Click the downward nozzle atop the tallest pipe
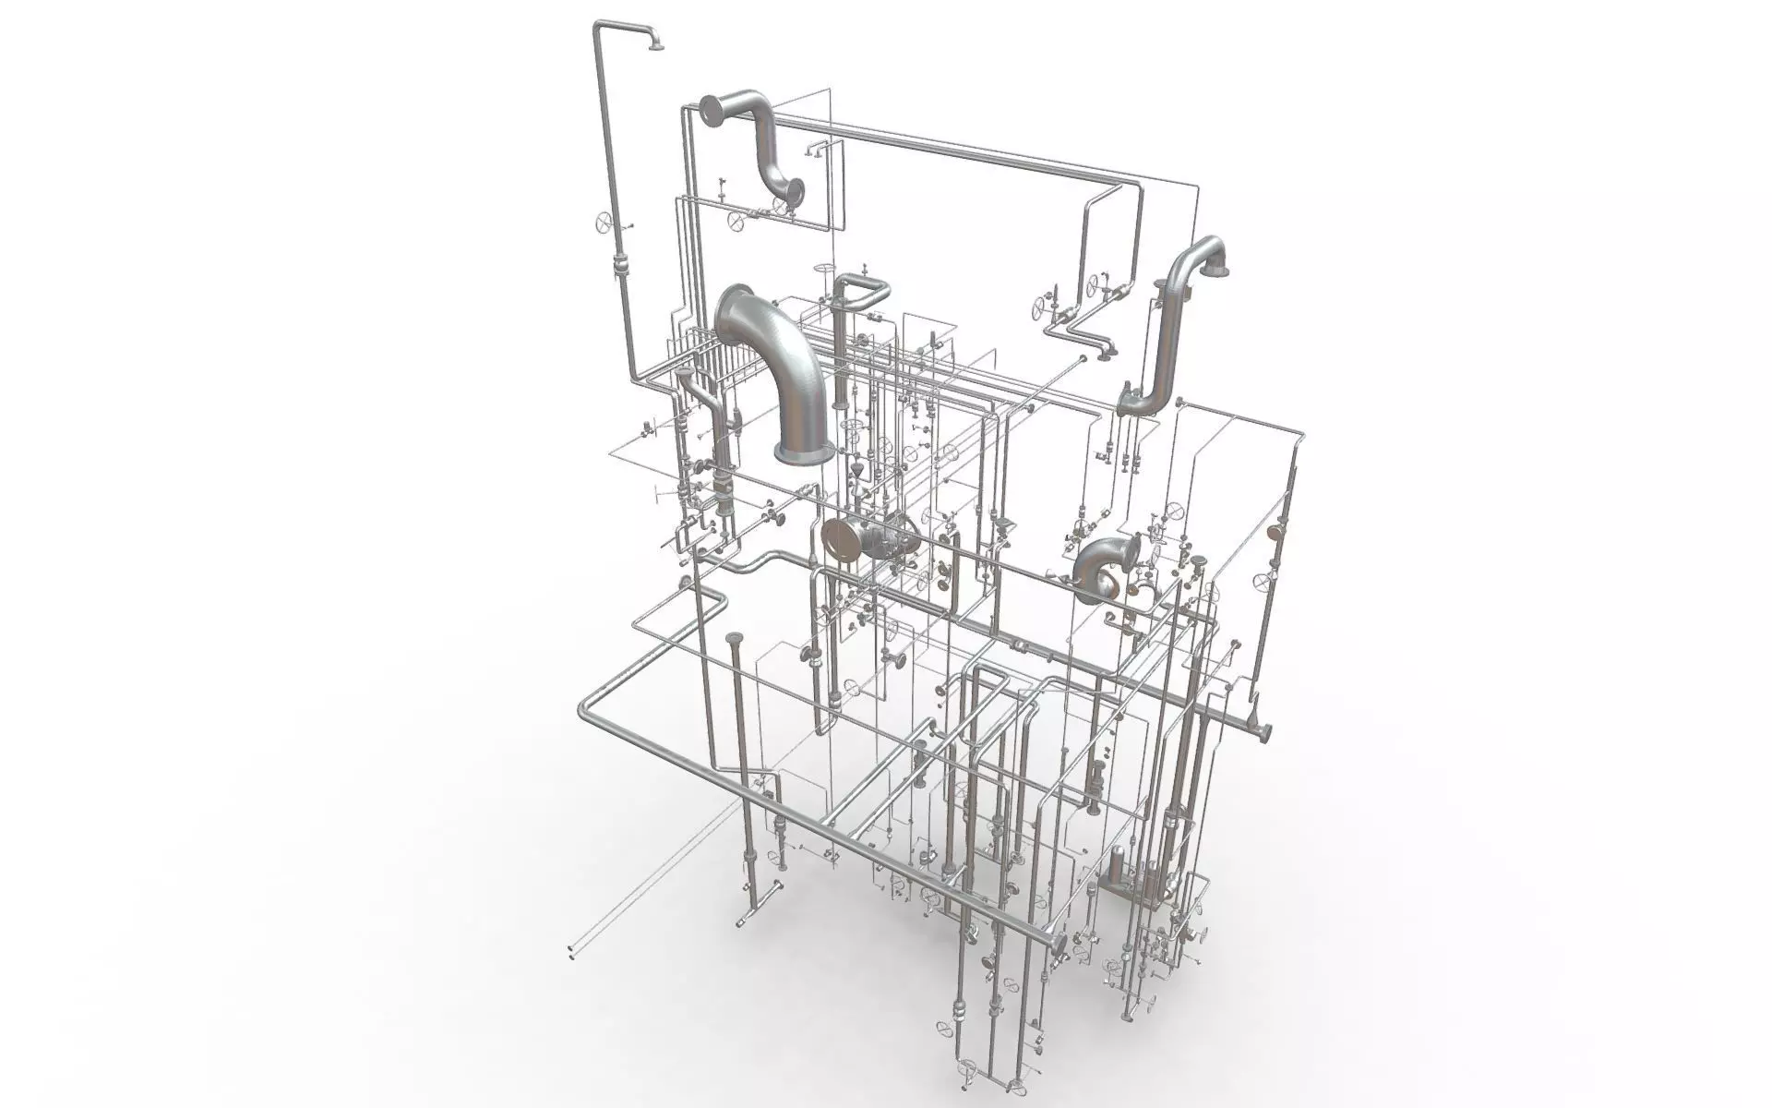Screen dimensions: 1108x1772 tap(656, 43)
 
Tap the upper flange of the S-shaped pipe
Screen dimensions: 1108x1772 tap(711, 111)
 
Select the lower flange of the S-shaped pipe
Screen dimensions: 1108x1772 tap(792, 193)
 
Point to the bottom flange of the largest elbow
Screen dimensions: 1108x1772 tap(804, 452)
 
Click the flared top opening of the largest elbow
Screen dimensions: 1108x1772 tap(734, 314)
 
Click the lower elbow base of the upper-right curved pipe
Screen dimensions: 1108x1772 tap(1131, 403)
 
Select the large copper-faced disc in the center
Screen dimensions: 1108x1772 tap(839, 540)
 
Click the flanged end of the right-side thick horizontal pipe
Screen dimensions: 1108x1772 tap(1259, 729)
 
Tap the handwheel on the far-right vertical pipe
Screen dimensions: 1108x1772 tap(1263, 582)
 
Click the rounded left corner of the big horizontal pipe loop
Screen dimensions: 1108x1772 tap(587, 711)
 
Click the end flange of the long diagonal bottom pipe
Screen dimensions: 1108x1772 tap(1058, 944)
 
